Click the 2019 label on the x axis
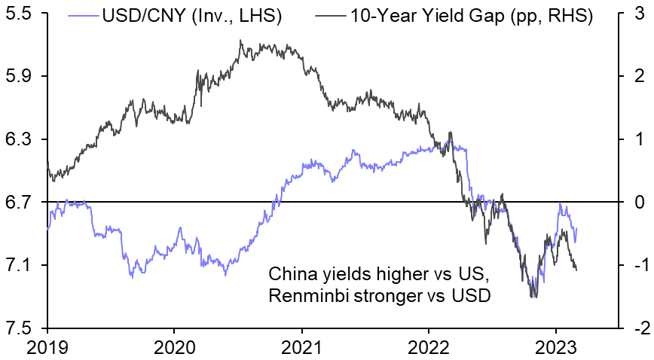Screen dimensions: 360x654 pos(47,346)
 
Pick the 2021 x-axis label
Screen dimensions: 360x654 pos(301,346)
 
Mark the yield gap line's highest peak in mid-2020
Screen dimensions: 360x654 pos(240,41)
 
